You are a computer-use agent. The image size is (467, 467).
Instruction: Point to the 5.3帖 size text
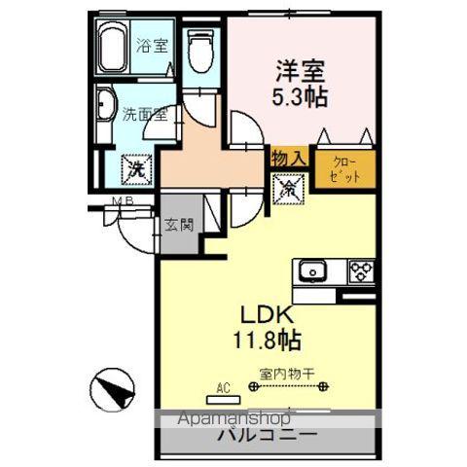click(300, 99)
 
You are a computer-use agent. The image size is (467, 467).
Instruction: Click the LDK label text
click(265, 317)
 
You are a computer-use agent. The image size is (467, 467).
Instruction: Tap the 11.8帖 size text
click(265, 341)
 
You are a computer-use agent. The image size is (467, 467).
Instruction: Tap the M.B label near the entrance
click(121, 202)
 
